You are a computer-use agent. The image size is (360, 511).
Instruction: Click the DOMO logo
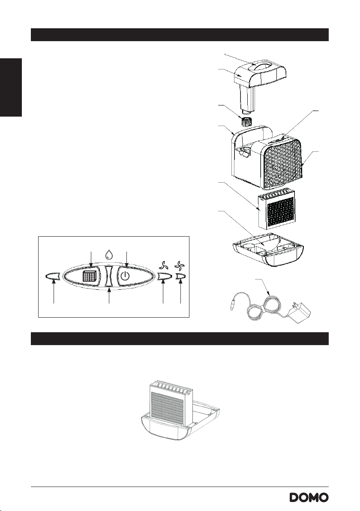pos(309,498)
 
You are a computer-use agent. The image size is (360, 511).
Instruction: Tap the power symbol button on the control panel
pos(125,277)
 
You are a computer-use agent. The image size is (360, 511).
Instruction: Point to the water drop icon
pos(109,254)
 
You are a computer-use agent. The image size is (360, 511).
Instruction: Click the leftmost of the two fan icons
pos(163,265)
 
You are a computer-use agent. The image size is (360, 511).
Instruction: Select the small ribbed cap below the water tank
pos(247,122)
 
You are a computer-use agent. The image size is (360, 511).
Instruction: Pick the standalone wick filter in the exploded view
pos(276,209)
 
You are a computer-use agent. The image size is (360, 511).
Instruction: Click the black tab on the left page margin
pos(11,87)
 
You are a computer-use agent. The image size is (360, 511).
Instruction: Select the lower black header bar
pos(180,339)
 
